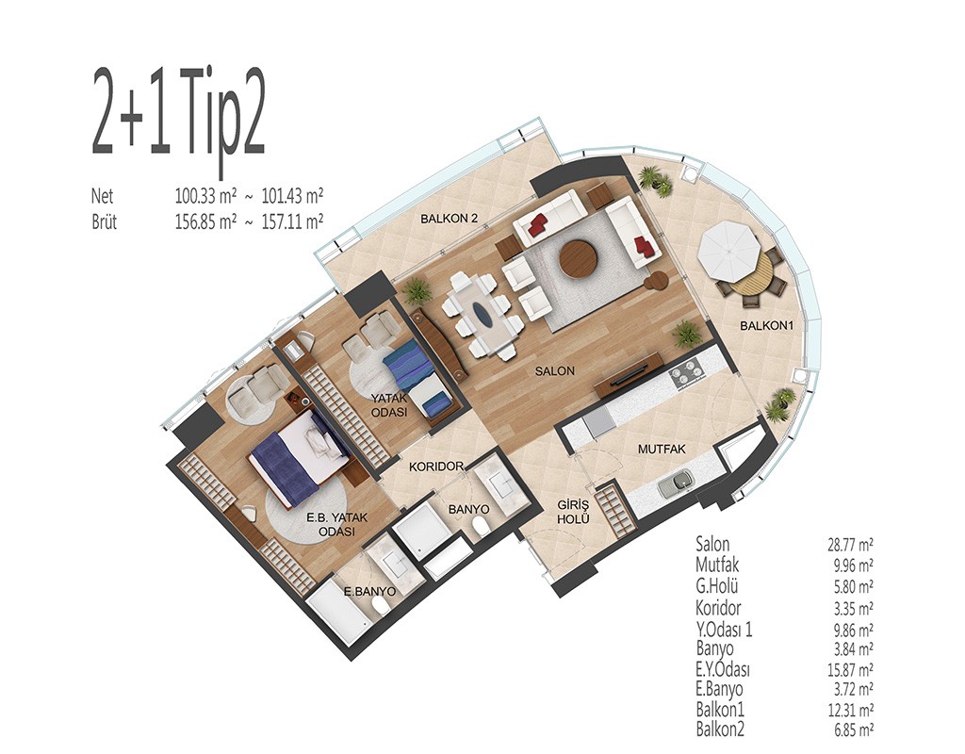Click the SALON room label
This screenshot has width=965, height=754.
click(554, 371)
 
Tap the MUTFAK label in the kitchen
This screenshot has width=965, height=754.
click(662, 450)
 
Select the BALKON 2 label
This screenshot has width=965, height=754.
click(450, 218)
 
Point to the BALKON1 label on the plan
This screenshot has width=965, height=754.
click(767, 325)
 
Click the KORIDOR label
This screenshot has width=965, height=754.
click(436, 467)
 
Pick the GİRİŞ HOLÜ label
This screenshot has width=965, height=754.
click(573, 512)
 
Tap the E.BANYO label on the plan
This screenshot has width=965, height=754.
click(369, 592)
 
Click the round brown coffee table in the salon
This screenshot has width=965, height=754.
click(579, 258)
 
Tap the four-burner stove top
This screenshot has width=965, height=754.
click(687, 374)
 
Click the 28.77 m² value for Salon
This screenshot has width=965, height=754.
click(850, 544)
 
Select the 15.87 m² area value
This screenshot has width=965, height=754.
click(850, 669)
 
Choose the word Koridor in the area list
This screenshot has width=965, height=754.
click(718, 608)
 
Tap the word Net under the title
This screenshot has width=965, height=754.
click(102, 196)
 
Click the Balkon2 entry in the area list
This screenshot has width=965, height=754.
click(720, 729)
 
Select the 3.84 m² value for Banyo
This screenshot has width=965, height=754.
click(852, 648)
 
